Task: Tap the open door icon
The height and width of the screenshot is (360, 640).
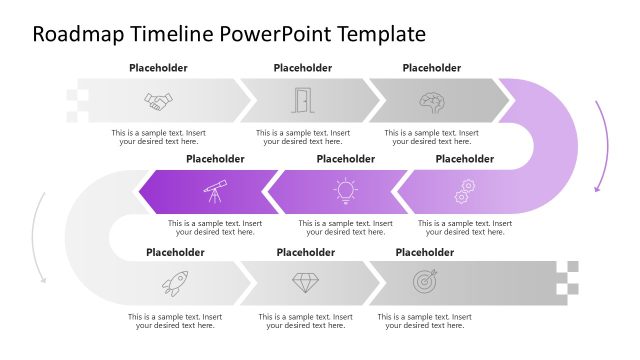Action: (301, 100)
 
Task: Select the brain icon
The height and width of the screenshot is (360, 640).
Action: (431, 101)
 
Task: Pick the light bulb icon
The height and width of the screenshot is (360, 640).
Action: (345, 189)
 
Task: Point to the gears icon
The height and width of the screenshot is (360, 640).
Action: (465, 189)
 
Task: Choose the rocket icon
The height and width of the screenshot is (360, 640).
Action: (174, 283)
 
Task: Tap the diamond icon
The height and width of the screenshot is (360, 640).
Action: (305, 283)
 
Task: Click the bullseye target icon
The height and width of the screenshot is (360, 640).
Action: (425, 283)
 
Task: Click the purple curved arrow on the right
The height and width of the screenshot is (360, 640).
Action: (602, 145)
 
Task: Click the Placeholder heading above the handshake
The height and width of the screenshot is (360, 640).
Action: (158, 68)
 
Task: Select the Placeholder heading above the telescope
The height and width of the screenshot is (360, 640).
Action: (215, 158)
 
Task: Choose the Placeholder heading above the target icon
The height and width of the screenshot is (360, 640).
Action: (425, 252)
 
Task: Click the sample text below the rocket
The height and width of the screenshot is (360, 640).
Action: (175, 321)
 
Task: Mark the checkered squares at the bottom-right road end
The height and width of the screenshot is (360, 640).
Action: (567, 278)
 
